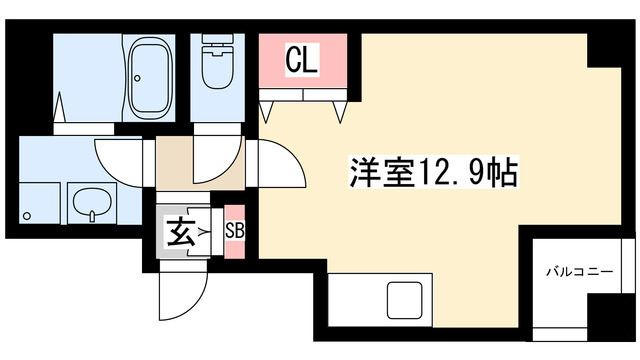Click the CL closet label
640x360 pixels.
302,61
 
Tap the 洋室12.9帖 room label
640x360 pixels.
433,172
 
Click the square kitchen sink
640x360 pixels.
406,300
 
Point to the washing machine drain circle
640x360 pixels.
28,214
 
